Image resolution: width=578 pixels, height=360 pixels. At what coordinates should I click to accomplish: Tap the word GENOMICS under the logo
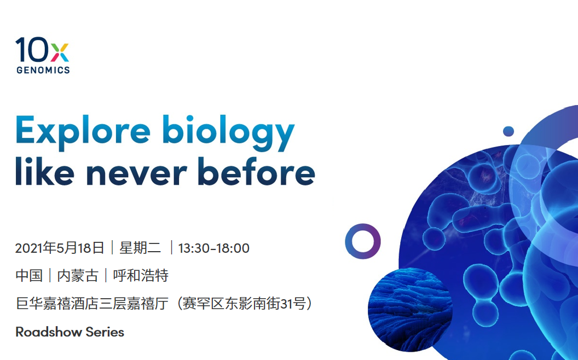43,70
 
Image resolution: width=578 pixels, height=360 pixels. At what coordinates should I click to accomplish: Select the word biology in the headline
228,131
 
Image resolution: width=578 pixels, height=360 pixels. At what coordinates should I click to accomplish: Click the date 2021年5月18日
60,248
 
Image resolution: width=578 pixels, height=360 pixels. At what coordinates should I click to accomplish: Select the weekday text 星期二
140,248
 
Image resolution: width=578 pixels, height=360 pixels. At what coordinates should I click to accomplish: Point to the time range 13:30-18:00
214,248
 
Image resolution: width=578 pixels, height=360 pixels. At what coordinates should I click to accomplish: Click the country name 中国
29,275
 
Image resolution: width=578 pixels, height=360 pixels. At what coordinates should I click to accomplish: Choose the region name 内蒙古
78,275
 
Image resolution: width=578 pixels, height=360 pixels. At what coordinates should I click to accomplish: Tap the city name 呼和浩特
141,275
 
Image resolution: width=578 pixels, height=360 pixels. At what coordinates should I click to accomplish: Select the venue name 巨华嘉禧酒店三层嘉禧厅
92,304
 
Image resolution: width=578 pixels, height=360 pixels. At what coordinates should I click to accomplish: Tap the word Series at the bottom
105,332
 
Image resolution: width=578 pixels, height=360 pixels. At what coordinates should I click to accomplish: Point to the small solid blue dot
508,131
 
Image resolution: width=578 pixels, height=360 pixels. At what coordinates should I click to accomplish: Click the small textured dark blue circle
411,310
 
